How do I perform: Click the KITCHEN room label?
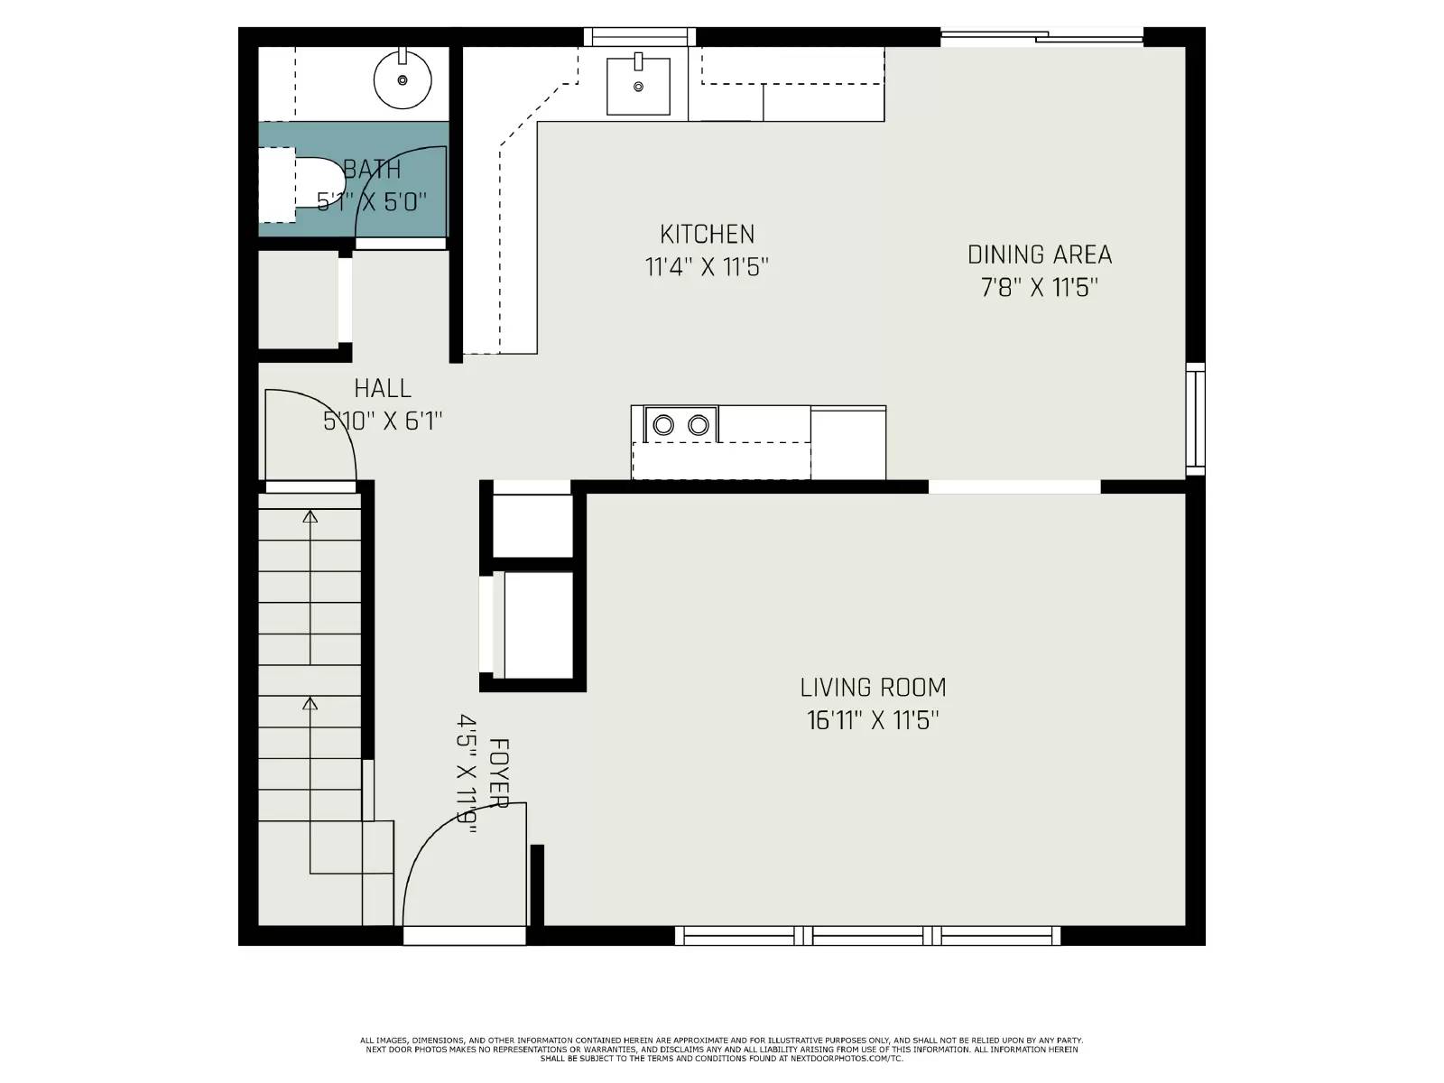tap(707, 235)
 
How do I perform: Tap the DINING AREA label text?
tap(1039, 255)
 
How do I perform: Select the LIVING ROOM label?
tap(873, 688)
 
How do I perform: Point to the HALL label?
tap(383, 389)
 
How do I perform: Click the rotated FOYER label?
tap(499, 773)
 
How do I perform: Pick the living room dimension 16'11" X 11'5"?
tap(873, 721)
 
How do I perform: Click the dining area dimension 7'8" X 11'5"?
tap(1039, 288)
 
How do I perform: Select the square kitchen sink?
tap(638, 87)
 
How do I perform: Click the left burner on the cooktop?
tap(663, 424)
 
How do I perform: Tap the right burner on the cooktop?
tap(698, 424)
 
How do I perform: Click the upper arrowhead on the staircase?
tap(310, 516)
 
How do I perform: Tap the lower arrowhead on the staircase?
tap(310, 703)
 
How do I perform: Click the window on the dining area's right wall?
tap(1195, 418)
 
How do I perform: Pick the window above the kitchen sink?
tap(639, 37)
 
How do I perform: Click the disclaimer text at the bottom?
tap(721, 1050)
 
